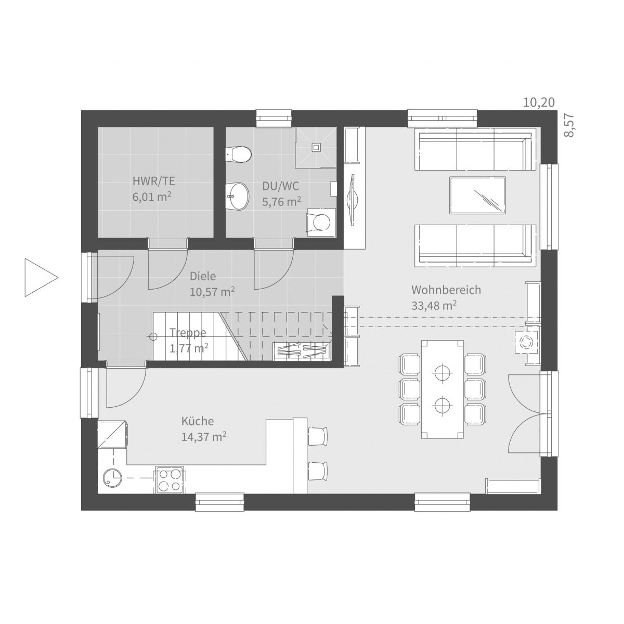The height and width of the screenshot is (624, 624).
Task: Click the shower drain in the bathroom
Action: point(315,148)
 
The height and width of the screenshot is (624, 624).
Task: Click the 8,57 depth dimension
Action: point(570,125)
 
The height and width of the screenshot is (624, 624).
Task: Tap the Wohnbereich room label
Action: point(446,290)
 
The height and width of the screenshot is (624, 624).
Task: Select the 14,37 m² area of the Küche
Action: point(203,437)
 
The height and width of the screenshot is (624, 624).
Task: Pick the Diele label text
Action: point(202,276)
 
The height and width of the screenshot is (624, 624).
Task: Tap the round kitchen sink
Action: point(111,477)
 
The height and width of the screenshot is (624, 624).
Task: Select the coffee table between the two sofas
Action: point(477,195)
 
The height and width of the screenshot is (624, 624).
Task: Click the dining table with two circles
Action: point(442,388)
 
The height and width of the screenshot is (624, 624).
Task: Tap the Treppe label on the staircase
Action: point(188,333)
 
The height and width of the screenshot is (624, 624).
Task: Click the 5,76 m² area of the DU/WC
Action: point(281,202)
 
